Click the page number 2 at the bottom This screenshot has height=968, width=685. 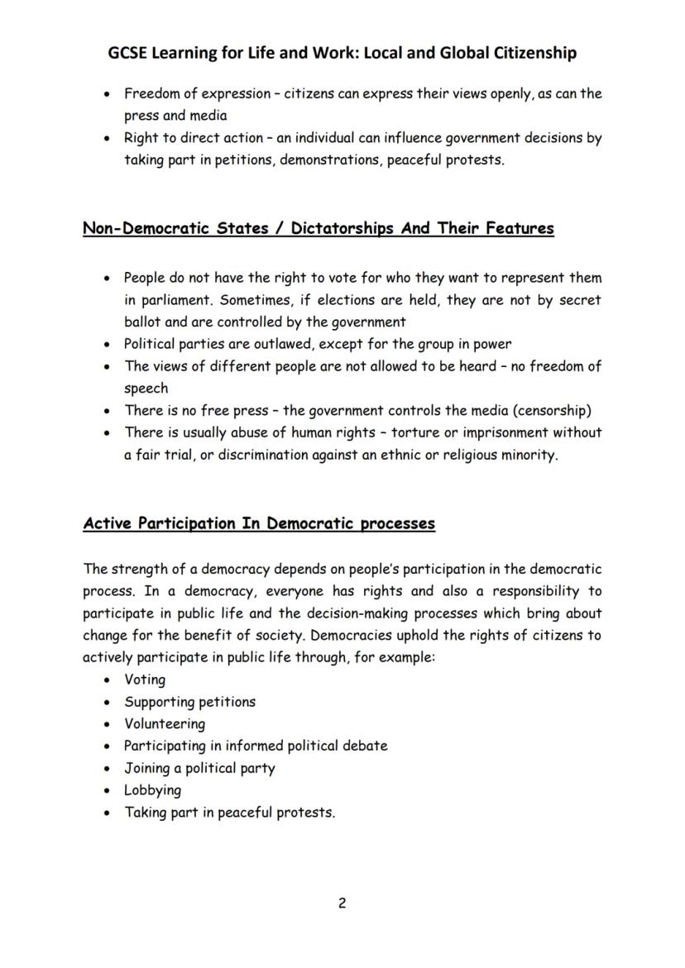click(x=342, y=903)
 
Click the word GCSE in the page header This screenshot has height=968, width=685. click(x=131, y=53)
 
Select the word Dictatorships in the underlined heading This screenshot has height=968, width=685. click(x=341, y=228)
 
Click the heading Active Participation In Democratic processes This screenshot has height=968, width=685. click(x=259, y=523)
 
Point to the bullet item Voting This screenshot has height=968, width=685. click(x=145, y=680)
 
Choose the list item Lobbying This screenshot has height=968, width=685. click(x=152, y=789)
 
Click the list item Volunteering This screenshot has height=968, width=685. click(x=165, y=723)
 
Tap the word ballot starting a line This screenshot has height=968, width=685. click(x=143, y=322)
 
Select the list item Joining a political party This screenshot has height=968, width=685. click(x=199, y=767)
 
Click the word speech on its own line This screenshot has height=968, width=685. click(x=146, y=388)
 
